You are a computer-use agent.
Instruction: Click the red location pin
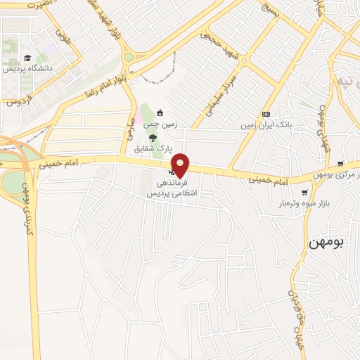pyautogui.click(x=181, y=165)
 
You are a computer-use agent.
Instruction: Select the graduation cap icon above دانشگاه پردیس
pyautogui.click(x=27, y=58)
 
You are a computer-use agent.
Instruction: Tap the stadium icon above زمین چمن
pyautogui.click(x=160, y=112)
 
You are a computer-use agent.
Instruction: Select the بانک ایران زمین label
pyautogui.click(x=266, y=125)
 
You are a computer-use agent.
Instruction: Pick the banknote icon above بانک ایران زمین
pyautogui.click(x=266, y=114)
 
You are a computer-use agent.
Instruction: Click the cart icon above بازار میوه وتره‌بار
pyautogui.click(x=304, y=192)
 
